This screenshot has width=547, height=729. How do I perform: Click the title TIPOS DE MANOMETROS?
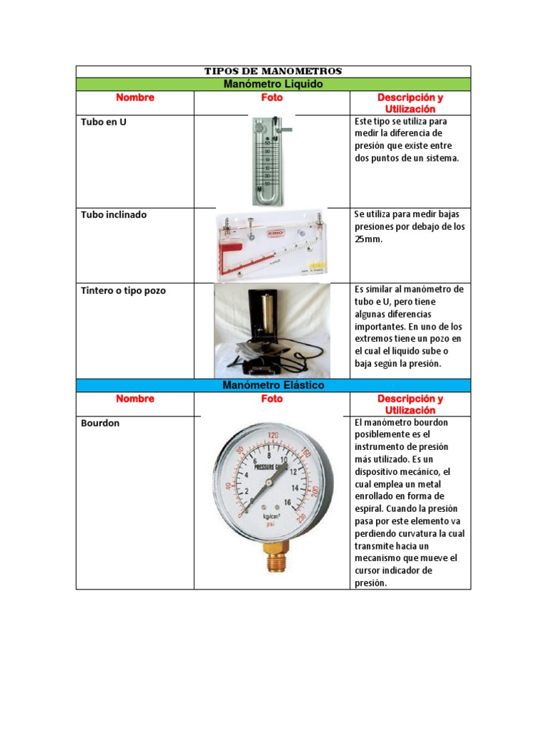[x=273, y=71]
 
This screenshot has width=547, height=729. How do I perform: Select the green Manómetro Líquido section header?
[x=273, y=84]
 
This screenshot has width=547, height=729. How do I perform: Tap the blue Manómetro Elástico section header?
[x=273, y=385]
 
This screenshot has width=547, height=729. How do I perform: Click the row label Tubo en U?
[x=104, y=122]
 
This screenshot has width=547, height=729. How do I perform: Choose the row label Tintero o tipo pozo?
[x=124, y=290]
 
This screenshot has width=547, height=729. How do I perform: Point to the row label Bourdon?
[x=100, y=423]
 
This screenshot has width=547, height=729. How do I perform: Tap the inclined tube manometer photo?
[x=271, y=243]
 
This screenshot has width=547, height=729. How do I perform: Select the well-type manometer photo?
[x=271, y=330]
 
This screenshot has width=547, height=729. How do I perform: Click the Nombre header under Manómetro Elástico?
[x=135, y=399]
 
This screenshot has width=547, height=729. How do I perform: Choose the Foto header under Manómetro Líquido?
[x=271, y=98]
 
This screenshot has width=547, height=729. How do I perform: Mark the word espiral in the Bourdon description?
[x=371, y=508]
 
